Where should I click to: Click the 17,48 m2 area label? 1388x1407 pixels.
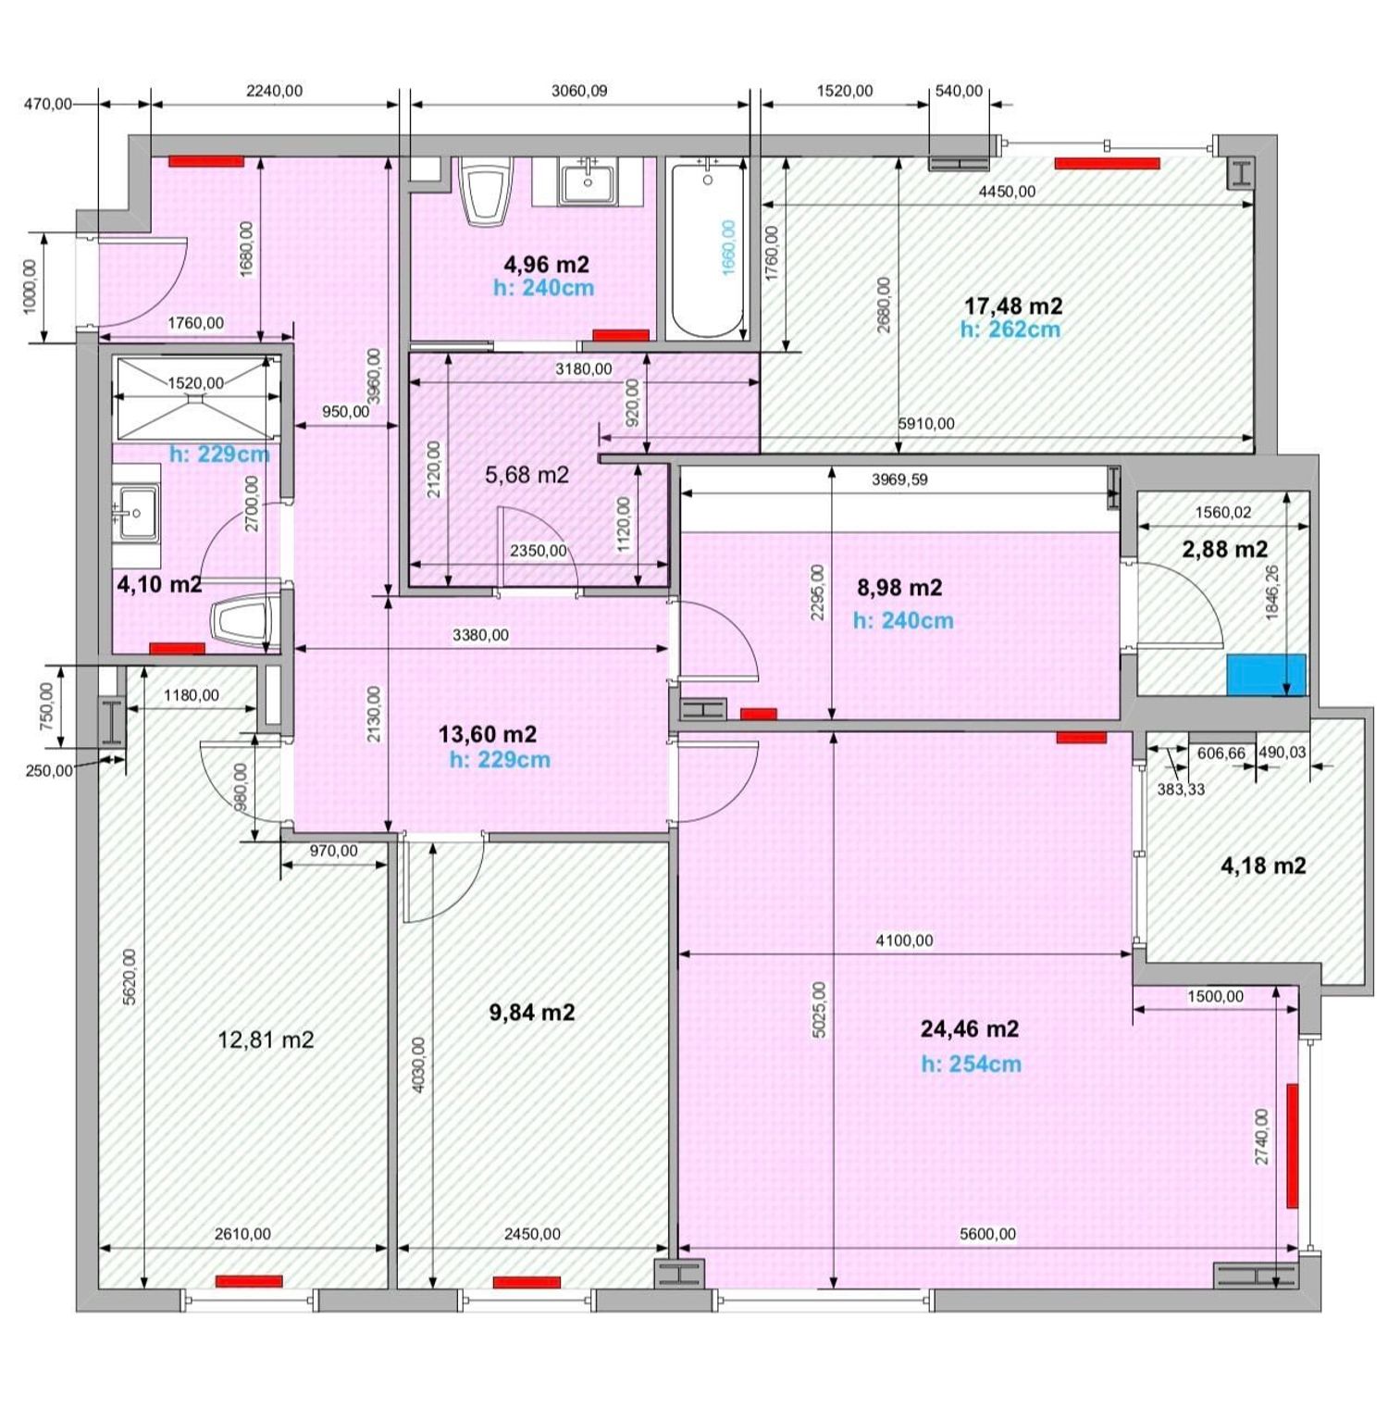pos(1013,305)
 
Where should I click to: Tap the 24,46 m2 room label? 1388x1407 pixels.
pos(970,1028)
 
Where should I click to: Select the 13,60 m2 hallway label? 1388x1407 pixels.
pos(488,734)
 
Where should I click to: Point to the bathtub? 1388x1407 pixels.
pos(708,250)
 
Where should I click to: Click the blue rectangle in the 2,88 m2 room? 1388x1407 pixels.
pos(1267,675)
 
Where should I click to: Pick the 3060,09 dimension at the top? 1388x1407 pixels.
pos(579,91)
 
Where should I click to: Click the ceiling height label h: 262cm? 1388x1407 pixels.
pos(1010,330)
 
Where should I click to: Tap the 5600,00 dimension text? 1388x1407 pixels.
pos(987,1234)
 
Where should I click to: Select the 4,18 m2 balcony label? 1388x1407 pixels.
pos(1263,865)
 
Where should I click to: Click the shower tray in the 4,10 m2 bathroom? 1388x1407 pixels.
pos(197,398)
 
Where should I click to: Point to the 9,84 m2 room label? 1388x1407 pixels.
pos(532,1012)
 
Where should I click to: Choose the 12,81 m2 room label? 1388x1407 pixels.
pos(266,1040)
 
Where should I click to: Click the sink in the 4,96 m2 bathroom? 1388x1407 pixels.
pos(588,181)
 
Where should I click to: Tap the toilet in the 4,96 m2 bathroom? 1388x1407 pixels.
pos(487,191)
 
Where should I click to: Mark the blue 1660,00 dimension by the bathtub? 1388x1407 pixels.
pos(728,247)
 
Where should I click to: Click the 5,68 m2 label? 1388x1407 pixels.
pos(527,475)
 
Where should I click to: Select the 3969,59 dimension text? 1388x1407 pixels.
pos(899,479)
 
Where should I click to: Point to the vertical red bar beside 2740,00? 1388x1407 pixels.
pos(1293,1146)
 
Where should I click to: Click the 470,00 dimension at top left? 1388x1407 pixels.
pos(47,104)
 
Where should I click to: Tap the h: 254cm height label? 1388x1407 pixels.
pos(972,1064)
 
